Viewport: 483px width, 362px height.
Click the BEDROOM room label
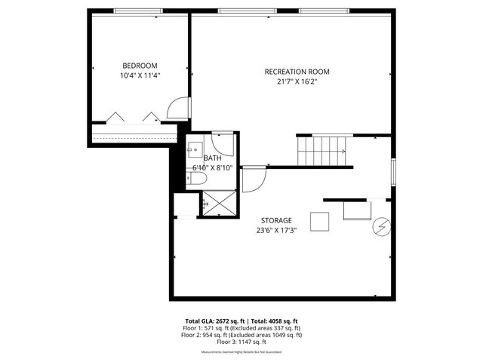pos(140,65)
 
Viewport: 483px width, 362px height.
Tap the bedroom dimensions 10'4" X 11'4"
pos(140,75)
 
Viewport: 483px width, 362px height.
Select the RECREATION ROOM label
pos(297,72)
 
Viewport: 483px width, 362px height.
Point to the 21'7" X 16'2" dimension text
pos(297,81)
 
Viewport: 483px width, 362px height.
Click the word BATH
pos(211,158)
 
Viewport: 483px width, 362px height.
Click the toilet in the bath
pos(195,179)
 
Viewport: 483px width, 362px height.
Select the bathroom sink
pos(195,148)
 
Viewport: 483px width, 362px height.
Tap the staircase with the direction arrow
pos(322,151)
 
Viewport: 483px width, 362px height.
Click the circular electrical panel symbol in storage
pos(383,226)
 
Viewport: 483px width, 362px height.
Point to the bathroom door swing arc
pos(223,143)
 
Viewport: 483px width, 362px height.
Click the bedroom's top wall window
pos(139,11)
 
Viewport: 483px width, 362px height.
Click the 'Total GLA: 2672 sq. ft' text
pos(214,321)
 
